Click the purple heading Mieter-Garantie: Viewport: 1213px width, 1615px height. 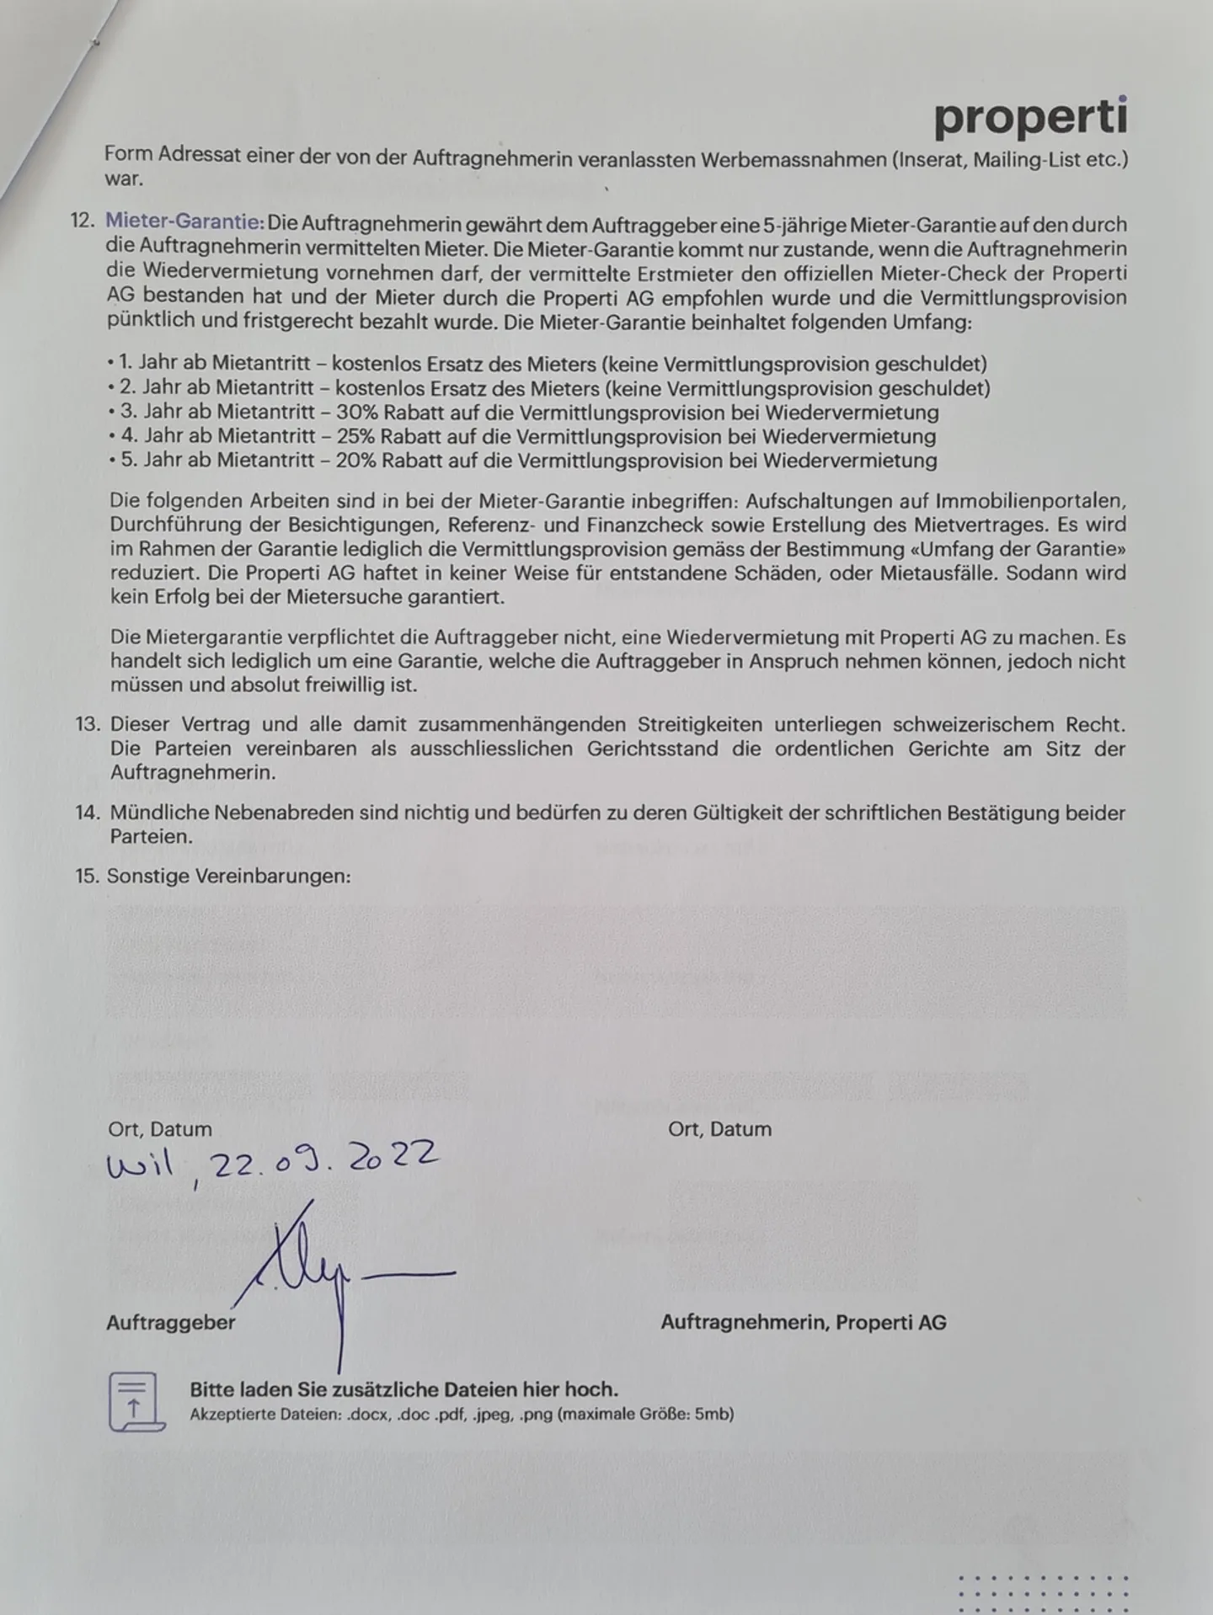click(184, 224)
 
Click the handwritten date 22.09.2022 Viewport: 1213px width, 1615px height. click(324, 1160)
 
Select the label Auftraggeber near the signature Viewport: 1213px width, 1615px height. click(171, 1322)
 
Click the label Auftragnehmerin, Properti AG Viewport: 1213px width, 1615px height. click(803, 1322)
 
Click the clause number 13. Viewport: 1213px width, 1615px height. click(88, 725)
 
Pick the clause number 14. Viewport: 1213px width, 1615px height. click(88, 813)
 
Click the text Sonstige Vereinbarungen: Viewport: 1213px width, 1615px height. click(228, 876)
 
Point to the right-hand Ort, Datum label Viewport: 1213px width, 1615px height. click(719, 1129)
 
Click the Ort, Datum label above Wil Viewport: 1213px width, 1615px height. click(160, 1129)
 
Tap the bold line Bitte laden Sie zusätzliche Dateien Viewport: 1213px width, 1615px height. click(403, 1389)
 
